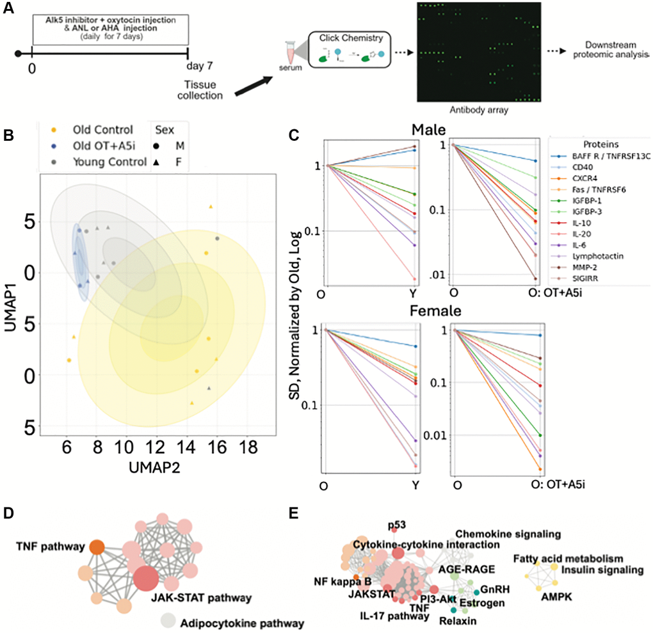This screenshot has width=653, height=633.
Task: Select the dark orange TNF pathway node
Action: (97, 547)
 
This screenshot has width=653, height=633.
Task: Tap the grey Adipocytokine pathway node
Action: (168, 620)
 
